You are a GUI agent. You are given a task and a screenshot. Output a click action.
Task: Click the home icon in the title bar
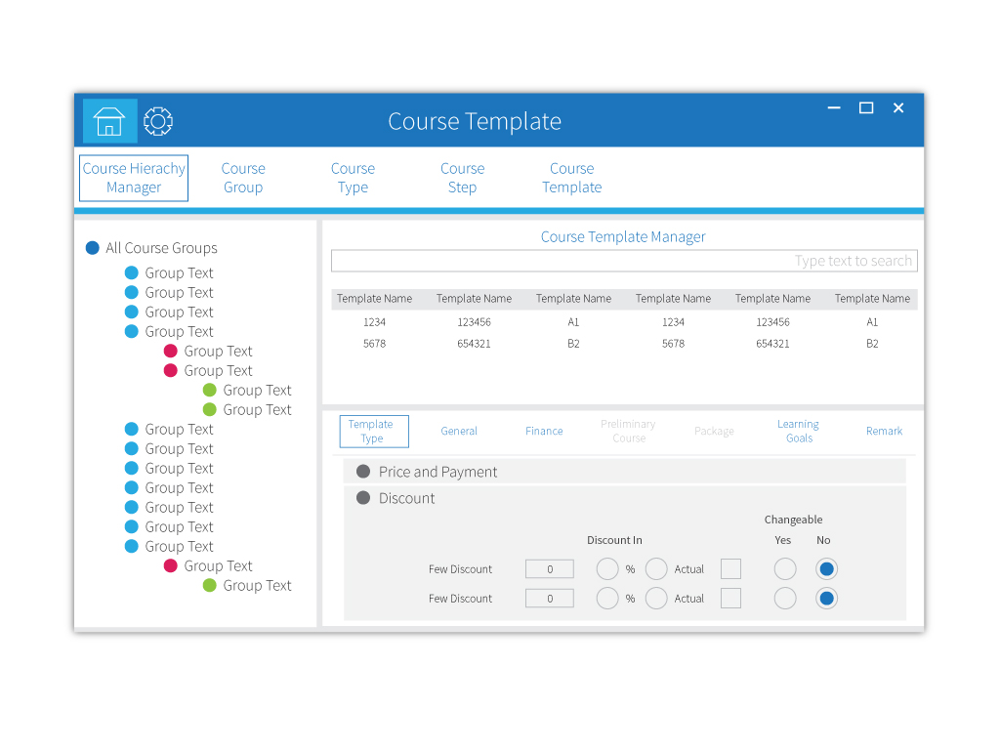pyautogui.click(x=109, y=121)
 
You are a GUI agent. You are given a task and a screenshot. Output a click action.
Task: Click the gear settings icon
pyautogui.click(x=157, y=121)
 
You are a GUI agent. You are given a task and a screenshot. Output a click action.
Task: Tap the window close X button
pyautogui.click(x=898, y=108)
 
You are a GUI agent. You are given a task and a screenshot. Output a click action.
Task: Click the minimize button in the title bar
pyautogui.click(x=834, y=108)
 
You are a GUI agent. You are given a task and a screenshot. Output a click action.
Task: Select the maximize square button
pyautogui.click(x=866, y=108)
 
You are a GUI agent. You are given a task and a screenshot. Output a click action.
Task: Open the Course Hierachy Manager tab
pyautogui.click(x=134, y=178)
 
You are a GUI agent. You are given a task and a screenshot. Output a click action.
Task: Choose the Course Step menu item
pyautogui.click(x=462, y=178)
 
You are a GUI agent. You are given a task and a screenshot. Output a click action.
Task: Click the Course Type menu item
pyautogui.click(x=353, y=178)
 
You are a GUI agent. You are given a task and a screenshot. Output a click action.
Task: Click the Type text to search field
pyautogui.click(x=624, y=261)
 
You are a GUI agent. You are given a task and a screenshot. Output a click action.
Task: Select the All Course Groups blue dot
pyautogui.click(x=93, y=248)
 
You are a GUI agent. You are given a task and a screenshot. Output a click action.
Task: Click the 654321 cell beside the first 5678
pyautogui.click(x=474, y=344)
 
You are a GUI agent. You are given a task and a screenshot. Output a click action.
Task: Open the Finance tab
pyautogui.click(x=544, y=431)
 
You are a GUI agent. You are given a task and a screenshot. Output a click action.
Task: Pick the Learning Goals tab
pyautogui.click(x=799, y=431)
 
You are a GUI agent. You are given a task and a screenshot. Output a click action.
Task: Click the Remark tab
pyautogui.click(x=884, y=431)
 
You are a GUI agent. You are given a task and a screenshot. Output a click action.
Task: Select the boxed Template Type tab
pyautogui.click(x=372, y=431)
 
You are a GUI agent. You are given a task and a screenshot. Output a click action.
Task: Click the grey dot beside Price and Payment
pyautogui.click(x=363, y=472)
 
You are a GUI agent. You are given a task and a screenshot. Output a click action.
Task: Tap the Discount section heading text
pyautogui.click(x=407, y=498)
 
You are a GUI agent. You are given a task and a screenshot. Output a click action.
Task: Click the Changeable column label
pyautogui.click(x=793, y=520)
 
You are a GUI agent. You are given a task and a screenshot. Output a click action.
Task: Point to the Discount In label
pyautogui.click(x=614, y=540)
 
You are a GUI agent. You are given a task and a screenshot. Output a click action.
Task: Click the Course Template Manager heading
pyautogui.click(x=623, y=236)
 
